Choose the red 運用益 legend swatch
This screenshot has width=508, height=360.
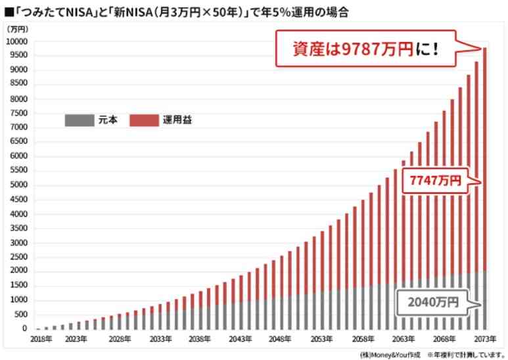pos(144,120)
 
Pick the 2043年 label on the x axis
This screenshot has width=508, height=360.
pos(241,339)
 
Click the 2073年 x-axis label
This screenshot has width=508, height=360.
pos(484,339)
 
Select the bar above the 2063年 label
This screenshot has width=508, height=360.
pos(404,243)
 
